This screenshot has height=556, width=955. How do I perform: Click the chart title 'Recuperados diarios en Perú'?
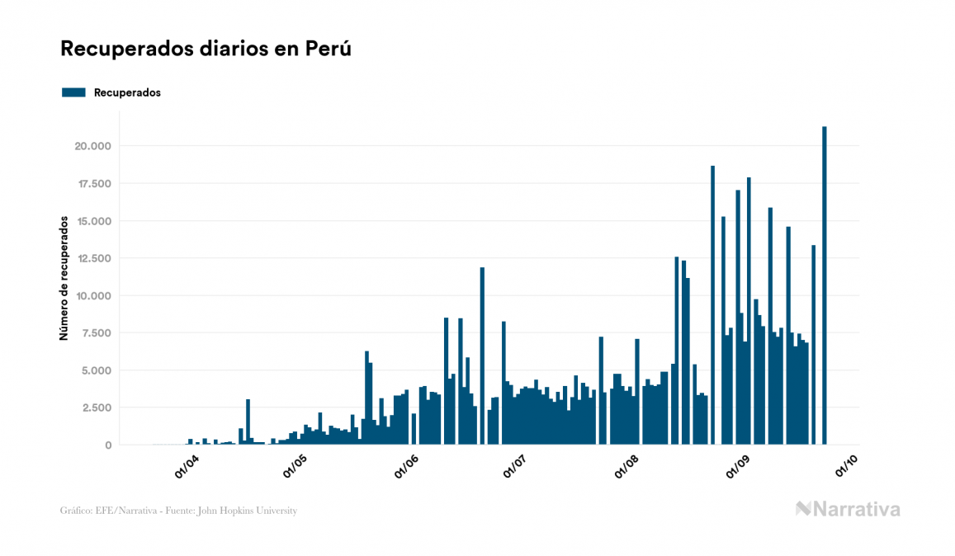[206, 49]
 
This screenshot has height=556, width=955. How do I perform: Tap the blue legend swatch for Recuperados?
[73, 92]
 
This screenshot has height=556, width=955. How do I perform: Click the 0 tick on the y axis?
[108, 445]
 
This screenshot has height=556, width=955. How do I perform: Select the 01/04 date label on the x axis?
[187, 465]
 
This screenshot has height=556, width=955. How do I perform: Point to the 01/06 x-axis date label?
[408, 465]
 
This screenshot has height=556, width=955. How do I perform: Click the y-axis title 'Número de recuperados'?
[64, 278]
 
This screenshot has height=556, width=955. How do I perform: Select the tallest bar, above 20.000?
[825, 285]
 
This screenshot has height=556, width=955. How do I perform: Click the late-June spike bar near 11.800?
[482, 356]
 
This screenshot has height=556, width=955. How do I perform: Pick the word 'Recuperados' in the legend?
[127, 92]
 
